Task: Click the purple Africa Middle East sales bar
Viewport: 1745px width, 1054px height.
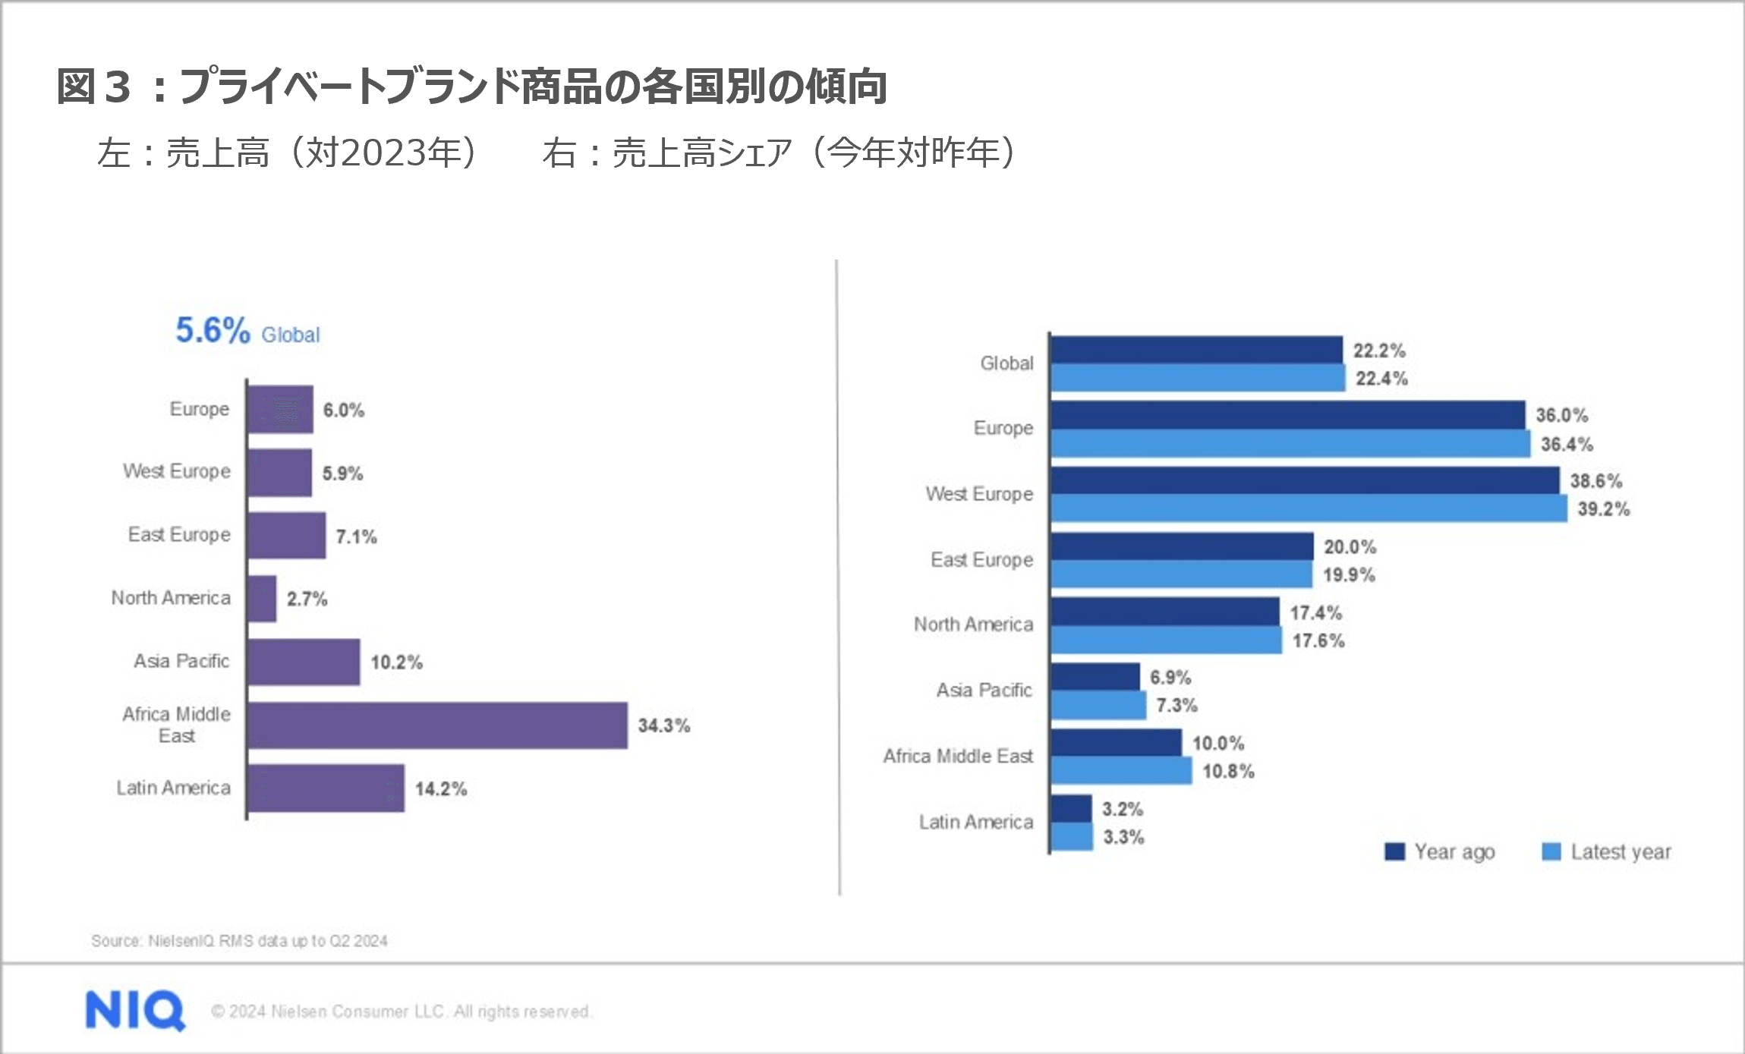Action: [437, 725]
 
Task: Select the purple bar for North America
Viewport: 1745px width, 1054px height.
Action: [262, 599]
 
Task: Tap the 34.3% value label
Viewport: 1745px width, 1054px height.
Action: [664, 725]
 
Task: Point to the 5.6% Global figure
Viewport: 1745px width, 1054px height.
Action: [213, 331]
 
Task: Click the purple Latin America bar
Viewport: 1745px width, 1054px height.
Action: [326, 788]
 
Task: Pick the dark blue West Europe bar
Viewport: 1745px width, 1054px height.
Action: [1305, 480]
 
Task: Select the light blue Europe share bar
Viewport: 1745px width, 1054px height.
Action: [1290, 444]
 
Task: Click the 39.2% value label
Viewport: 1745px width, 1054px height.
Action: [1603, 509]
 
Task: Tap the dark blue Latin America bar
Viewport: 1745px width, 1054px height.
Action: [1071, 809]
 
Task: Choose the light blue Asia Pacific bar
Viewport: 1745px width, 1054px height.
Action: [1098, 706]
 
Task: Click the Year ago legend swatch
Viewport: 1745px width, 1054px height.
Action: [1394, 851]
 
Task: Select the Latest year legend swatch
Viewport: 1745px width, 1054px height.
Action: [1551, 851]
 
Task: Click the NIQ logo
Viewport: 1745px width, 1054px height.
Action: [135, 1010]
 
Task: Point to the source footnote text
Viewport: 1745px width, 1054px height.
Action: [239, 941]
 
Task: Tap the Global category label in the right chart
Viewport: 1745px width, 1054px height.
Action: [1006, 363]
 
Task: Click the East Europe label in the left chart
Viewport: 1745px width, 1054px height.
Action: [179, 535]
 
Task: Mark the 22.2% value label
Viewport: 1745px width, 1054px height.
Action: [1379, 351]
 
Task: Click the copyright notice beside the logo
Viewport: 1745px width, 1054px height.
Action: [401, 1012]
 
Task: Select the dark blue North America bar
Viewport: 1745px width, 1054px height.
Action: [1165, 612]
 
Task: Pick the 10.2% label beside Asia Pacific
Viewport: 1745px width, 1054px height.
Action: [396, 662]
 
